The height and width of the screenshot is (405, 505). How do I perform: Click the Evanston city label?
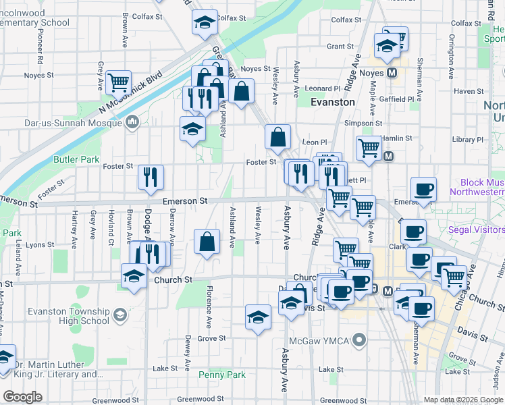pyautogui.click(x=332, y=102)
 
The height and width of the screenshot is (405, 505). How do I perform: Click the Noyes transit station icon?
pyautogui.click(x=391, y=73)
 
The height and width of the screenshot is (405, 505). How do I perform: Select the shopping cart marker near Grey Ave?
pyautogui.click(x=118, y=82)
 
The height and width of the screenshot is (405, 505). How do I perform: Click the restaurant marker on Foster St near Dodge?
pyautogui.click(x=151, y=177)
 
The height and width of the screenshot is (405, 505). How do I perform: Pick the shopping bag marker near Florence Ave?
pyautogui.click(x=207, y=242)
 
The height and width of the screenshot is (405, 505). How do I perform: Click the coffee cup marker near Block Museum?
pyautogui.click(x=423, y=188)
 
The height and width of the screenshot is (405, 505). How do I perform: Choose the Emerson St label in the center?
pyautogui.click(x=184, y=201)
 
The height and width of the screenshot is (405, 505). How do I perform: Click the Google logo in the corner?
pyautogui.click(x=22, y=397)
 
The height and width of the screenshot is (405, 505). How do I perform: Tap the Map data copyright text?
pyautogui.click(x=464, y=400)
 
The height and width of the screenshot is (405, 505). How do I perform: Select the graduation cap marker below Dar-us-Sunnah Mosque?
pyautogui.click(x=192, y=128)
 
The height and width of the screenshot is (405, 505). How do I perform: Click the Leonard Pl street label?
pyautogui.click(x=322, y=88)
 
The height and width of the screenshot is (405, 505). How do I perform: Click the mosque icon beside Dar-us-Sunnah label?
pyautogui.click(x=132, y=122)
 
